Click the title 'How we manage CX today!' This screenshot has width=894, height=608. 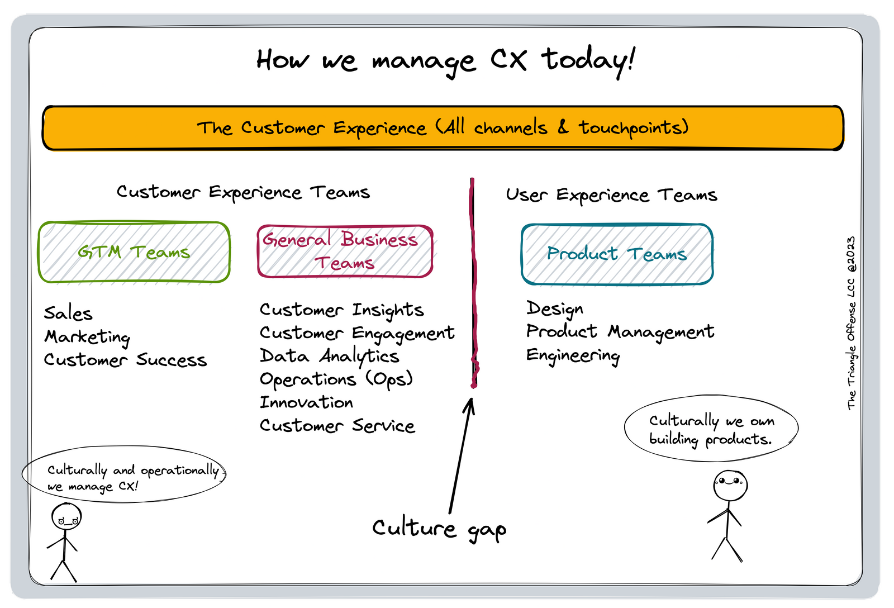pos(445,60)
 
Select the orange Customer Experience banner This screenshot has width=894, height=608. pos(443,128)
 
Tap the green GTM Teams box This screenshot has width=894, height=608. pos(134,252)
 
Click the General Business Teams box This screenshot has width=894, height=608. pos(345,251)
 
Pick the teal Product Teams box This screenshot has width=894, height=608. pos(617,254)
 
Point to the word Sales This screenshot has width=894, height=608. pos(68,313)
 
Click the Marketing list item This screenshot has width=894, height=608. pos(88,337)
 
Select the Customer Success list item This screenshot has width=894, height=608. pos(125,360)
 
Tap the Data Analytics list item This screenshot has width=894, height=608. pos(329,356)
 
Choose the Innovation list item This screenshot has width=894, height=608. pos(306,402)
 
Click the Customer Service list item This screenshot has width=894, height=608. pos(337,426)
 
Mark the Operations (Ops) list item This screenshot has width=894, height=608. pos(336,379)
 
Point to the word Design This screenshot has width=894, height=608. pos(554,308)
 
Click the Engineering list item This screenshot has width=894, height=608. pos(573,355)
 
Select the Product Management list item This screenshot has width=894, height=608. pos(620,332)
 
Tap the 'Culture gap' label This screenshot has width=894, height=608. pos(439,529)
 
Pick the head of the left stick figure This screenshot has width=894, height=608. pos(66,516)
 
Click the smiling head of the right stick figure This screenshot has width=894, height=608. pos(730,484)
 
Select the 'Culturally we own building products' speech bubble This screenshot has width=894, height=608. pos(711,429)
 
